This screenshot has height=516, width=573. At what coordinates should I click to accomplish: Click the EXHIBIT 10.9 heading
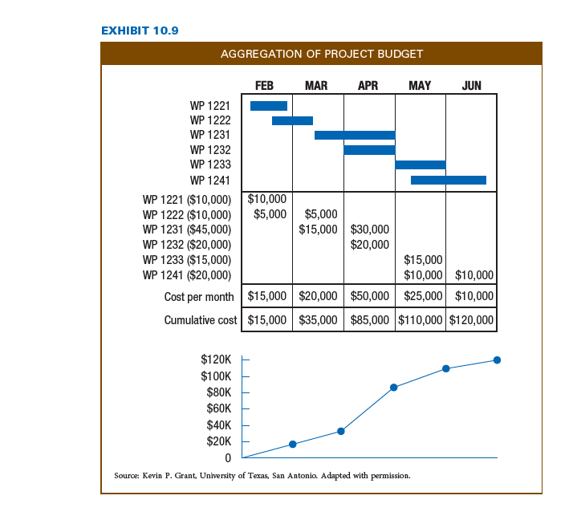(140, 30)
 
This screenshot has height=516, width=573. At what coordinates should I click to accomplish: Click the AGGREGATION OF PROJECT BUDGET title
(322, 54)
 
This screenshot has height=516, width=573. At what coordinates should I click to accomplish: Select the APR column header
(368, 86)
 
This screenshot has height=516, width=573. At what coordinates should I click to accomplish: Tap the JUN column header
(471, 86)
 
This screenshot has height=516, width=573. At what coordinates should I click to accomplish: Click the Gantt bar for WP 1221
(269, 106)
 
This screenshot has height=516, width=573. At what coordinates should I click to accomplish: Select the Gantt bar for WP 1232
(369, 150)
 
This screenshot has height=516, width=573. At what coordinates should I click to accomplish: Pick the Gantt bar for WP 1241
(449, 181)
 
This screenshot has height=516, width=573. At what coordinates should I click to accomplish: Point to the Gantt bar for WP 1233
(421, 165)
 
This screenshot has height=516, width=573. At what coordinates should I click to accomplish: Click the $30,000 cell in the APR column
(369, 230)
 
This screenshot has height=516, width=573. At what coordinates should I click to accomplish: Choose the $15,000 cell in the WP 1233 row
(423, 260)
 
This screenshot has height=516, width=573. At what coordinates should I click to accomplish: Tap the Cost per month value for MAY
(423, 296)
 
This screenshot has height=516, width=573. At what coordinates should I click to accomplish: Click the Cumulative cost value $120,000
(471, 320)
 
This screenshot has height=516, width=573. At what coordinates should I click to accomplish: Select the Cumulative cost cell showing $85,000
(369, 320)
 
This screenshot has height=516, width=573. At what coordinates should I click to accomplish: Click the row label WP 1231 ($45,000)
(187, 230)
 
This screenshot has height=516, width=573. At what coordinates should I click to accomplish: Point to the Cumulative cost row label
(201, 320)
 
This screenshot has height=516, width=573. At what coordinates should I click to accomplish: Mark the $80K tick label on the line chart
(218, 392)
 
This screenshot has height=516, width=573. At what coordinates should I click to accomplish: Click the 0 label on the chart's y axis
(228, 458)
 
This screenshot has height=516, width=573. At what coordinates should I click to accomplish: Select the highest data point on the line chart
(497, 360)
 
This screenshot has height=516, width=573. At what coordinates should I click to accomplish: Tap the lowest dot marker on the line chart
(293, 444)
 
